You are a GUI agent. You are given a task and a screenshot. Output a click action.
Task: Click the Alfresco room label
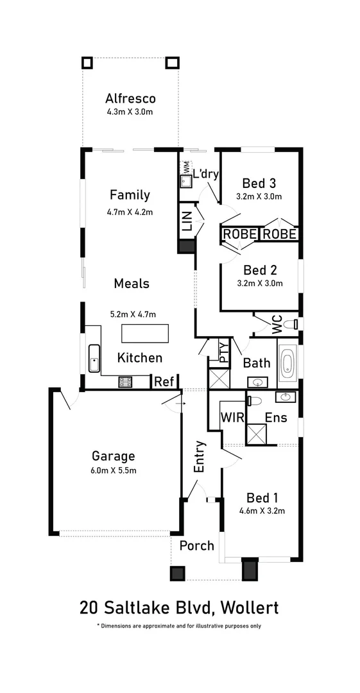pos(130,99)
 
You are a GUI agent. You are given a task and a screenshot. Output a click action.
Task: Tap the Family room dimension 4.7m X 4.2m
pos(130,211)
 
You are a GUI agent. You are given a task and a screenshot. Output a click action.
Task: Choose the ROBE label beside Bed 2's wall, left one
pos(240,235)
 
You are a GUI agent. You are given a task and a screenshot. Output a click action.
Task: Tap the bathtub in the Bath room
pos(287,364)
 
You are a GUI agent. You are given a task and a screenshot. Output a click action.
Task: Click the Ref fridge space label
pos(164,382)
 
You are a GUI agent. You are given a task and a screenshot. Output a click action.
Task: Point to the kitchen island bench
pos(146,334)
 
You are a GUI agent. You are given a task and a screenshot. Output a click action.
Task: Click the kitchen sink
pos(94,358)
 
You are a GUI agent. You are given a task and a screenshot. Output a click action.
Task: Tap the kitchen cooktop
pos(125,382)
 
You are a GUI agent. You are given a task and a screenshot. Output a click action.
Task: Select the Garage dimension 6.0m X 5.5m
pos(113,470)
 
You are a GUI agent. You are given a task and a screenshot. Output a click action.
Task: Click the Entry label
pos(200,456)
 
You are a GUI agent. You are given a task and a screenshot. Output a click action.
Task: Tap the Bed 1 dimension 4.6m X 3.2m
pos(262,511)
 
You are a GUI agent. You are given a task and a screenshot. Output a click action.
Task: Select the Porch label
pos(196,545)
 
